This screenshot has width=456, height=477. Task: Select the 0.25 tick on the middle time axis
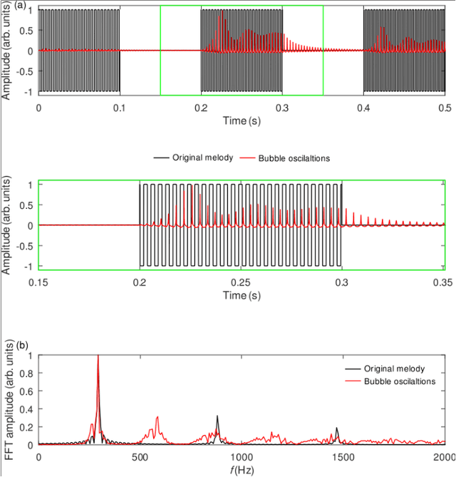pos(242,282)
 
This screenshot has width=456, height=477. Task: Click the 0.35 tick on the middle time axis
pos(443,282)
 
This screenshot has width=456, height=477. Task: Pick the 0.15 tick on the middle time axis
pos(39,282)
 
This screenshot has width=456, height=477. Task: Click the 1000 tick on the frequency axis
pos(241,456)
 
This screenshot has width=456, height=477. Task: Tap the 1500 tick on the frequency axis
pos(342,456)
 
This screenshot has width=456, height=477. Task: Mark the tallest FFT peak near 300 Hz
pos(98,357)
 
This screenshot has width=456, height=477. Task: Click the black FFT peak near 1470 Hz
pos(337,429)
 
